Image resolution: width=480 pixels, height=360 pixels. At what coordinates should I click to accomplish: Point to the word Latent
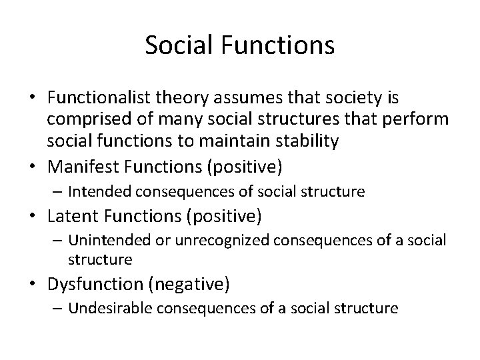[68, 216]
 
